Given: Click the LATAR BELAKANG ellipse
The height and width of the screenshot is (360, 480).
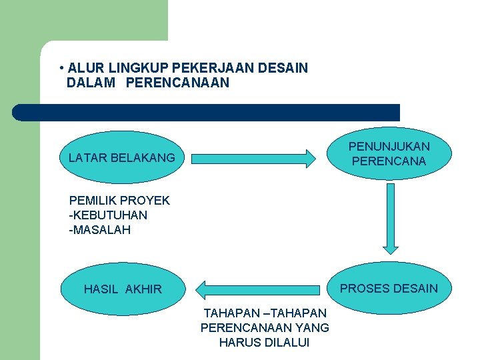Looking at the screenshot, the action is [x=122, y=158].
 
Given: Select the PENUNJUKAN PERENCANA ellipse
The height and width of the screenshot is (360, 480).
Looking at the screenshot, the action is [x=390, y=154].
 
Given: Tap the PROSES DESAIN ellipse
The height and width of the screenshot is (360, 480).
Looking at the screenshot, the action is [x=389, y=289].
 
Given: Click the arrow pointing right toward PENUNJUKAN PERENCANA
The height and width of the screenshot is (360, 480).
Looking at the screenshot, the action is [x=253, y=159].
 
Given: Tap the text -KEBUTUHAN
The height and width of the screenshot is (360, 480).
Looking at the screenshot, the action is [x=108, y=215].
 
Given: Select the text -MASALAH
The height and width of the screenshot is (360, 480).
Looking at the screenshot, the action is [x=100, y=230].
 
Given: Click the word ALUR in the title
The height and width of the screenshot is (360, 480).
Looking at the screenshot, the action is [x=83, y=68].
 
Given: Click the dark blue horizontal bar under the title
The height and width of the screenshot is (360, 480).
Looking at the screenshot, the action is [x=207, y=113].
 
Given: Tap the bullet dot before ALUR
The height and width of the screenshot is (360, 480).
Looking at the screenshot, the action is [x=61, y=69].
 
